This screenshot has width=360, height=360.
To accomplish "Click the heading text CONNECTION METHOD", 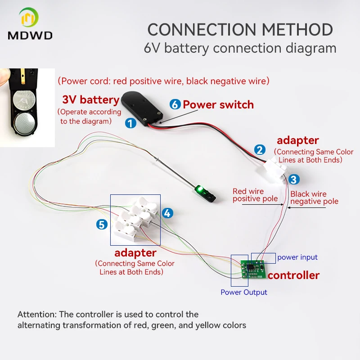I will click(x=240, y=30).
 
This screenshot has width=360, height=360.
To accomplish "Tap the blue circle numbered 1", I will click(x=130, y=123).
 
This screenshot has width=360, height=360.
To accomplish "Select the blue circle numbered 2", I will click(x=260, y=150).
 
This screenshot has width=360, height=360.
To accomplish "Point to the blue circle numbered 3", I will click(x=293, y=180).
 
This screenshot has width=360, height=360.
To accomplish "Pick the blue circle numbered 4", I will click(x=167, y=213).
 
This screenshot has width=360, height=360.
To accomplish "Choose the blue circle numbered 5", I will click(x=102, y=224).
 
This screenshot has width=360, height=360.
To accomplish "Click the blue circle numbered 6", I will click(x=175, y=105).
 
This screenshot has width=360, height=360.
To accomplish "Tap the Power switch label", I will click(x=218, y=105).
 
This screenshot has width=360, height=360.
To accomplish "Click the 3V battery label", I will click(x=90, y=99).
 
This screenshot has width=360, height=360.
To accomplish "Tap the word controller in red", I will click(x=293, y=275).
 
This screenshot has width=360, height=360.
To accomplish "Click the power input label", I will click(x=297, y=257).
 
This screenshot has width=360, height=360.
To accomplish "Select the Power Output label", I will click(x=243, y=292).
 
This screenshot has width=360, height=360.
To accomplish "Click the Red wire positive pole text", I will click(x=255, y=195).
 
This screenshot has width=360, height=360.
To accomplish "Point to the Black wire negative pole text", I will click(x=314, y=198).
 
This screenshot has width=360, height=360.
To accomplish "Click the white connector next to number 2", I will click(x=274, y=166).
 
